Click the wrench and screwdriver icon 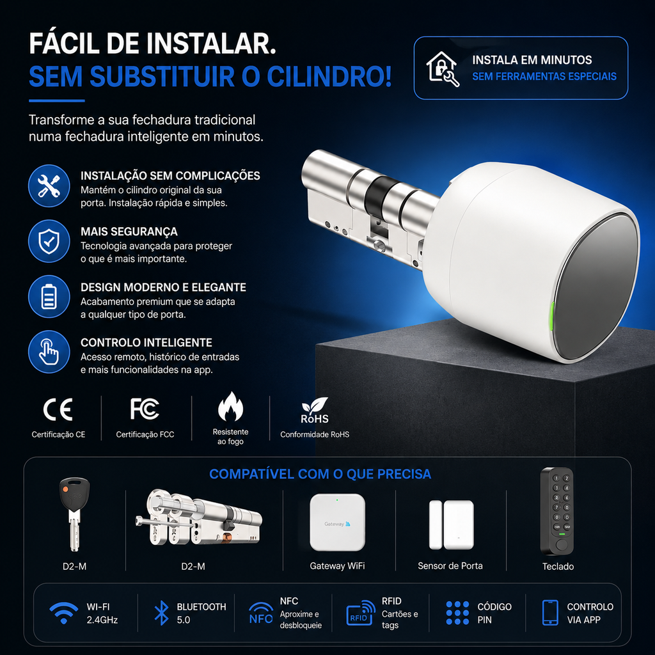[49, 186]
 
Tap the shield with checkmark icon [49, 241]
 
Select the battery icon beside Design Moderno [49, 297]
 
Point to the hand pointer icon [49, 352]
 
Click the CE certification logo [58, 409]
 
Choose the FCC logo [145, 409]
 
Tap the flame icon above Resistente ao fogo [230, 406]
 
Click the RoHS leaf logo [315, 411]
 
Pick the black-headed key [74, 514]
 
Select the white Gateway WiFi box [337, 522]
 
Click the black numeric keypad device [557, 511]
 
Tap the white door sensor [451, 525]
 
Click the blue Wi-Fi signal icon [63, 613]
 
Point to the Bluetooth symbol [162, 613]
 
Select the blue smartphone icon [549, 613]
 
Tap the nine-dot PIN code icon [457, 613]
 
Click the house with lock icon [442, 68]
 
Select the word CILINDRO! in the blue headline [329, 77]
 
